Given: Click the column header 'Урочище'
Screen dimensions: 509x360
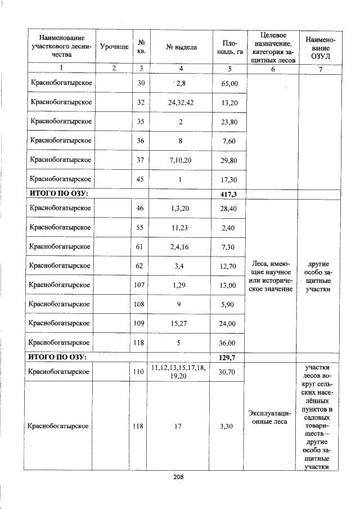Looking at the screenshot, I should click(114, 48).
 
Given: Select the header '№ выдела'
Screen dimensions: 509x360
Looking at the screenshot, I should click(181, 48).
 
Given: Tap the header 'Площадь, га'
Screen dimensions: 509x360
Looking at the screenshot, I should click(229, 48).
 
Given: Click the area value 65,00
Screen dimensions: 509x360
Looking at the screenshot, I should click(229, 83).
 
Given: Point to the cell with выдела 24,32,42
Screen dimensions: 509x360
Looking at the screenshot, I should click(181, 102).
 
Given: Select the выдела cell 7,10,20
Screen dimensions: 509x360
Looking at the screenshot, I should click(181, 160).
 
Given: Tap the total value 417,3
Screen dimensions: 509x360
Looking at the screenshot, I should click(229, 193).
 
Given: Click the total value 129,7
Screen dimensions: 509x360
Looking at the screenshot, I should click(229, 357).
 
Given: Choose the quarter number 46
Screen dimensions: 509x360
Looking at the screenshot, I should click(141, 209).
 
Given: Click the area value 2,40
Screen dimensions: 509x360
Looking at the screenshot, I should click(229, 228).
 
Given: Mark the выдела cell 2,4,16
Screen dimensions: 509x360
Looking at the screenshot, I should click(181, 247).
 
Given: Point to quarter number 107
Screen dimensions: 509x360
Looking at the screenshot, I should click(141, 285).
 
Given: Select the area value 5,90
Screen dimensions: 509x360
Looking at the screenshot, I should click(229, 304).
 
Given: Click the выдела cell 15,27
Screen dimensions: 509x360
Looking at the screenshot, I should click(181, 323).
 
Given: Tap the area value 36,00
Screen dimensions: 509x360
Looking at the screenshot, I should click(229, 343).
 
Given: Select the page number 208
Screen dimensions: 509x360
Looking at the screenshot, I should click(179, 477).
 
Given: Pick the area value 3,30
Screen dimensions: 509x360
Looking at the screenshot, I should click(229, 426).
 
